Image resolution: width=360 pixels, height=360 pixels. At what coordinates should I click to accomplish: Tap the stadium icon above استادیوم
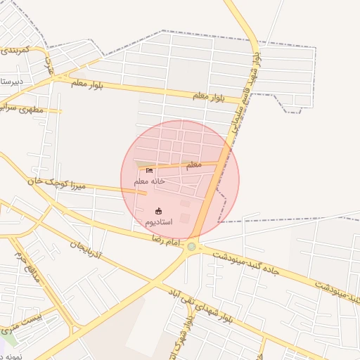click(158, 210)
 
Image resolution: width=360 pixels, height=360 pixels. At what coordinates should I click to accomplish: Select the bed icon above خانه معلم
click(149, 170)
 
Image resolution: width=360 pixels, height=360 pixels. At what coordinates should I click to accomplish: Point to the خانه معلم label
click(149, 181)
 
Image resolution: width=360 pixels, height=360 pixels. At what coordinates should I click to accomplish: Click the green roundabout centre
click(191, 247)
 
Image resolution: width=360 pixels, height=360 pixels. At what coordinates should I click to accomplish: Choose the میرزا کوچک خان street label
click(56, 184)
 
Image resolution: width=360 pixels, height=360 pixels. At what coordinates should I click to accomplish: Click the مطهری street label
click(28, 110)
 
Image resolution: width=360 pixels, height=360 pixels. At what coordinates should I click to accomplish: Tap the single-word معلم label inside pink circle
click(193, 165)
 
